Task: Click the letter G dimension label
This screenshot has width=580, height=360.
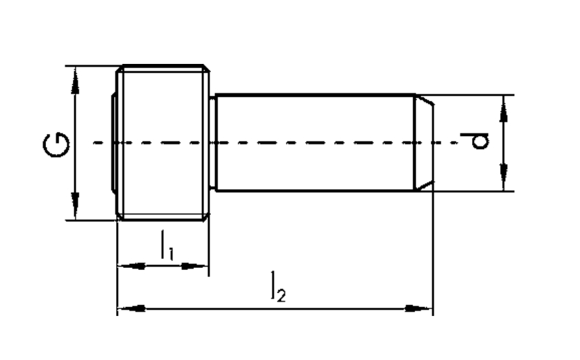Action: (x=57, y=144)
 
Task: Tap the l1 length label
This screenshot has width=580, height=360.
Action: (x=166, y=245)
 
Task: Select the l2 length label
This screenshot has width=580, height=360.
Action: (x=277, y=287)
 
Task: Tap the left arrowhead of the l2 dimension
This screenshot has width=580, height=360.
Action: (x=129, y=308)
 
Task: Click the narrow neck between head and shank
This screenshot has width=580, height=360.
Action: (x=213, y=143)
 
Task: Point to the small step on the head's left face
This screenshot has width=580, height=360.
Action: (x=113, y=143)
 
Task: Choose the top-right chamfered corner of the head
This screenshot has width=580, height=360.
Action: (x=206, y=69)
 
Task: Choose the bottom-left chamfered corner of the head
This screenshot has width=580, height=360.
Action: (x=120, y=217)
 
